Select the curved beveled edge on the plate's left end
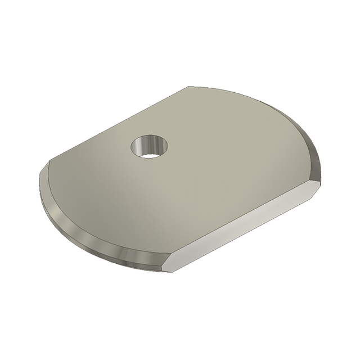[84, 225]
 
